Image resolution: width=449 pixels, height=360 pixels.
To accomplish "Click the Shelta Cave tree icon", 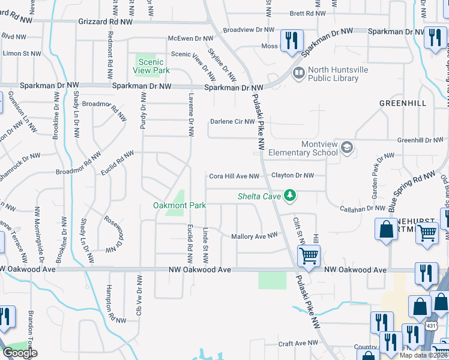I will coord(291,196).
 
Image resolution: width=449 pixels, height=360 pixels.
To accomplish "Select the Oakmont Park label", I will coord(179,205).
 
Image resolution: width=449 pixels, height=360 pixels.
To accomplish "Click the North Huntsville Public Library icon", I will coord(298,74).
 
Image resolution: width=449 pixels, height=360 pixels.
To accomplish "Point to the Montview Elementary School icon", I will coord(346,147).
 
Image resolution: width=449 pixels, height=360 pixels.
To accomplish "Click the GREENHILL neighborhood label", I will coord(403,103).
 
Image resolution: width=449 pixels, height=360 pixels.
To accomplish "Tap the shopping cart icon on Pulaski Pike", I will coord(309,255).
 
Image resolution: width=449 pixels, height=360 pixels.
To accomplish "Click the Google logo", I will coord(20,353).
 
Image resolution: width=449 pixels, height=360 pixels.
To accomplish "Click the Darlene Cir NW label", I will coord(232,122).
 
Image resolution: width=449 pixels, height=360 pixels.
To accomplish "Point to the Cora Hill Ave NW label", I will coord(234,176).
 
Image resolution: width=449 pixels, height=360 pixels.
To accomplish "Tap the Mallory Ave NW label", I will coord(255,236).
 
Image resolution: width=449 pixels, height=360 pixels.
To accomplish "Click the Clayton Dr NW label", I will coord(292,175).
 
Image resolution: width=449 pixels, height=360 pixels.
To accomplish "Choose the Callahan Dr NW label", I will coord(363,208).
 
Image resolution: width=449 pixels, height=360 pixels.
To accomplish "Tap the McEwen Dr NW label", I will coord(190,38).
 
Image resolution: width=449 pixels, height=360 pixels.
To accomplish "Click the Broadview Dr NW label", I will coord(248,29).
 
